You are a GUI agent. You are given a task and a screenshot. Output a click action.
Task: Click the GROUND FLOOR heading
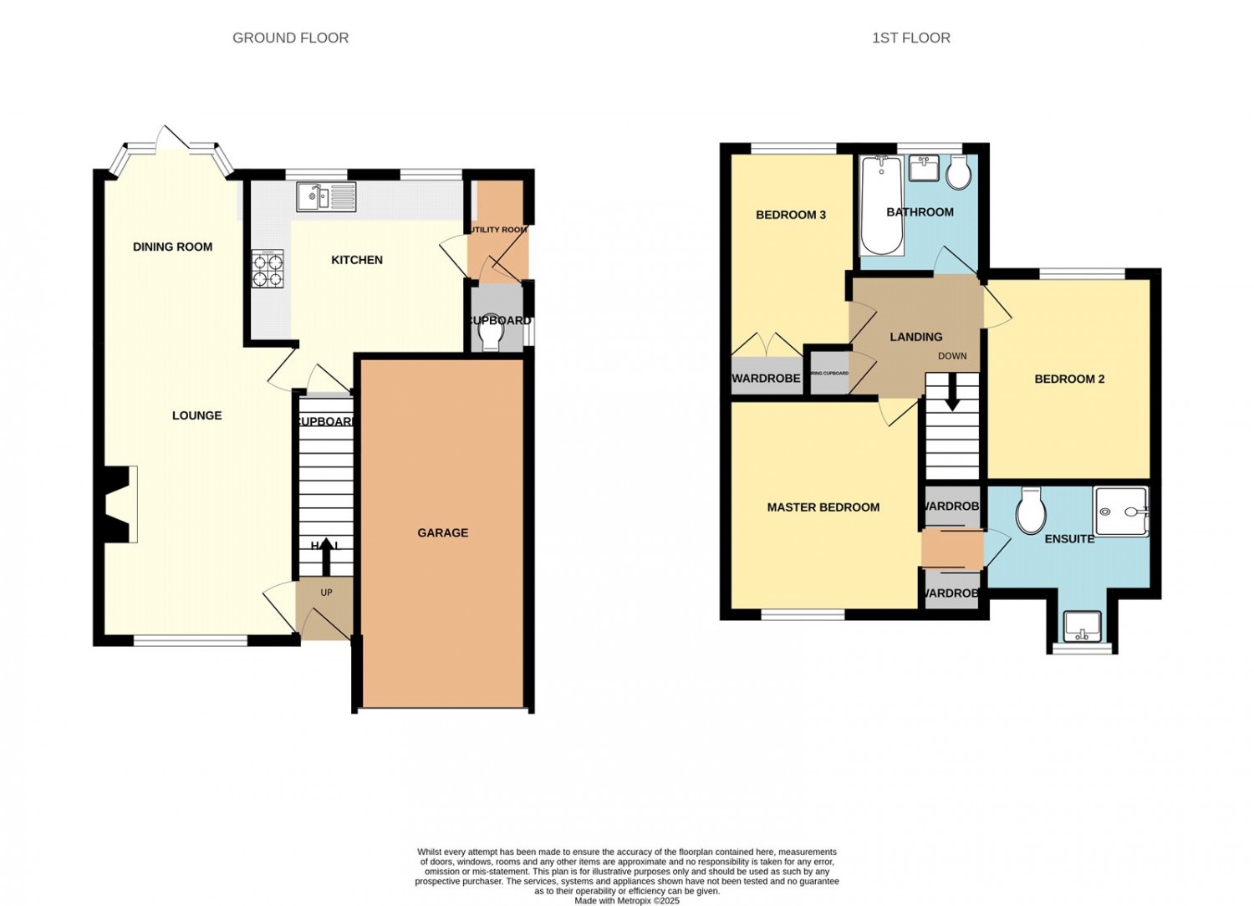pos(290,38)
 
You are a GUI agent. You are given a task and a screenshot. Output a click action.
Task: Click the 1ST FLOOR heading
pos(910,38)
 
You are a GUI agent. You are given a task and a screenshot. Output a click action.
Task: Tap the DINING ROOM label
pos(172,247)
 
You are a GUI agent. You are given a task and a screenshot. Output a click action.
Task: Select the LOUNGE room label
pos(196,415)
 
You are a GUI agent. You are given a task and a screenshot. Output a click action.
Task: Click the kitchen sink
pos(325,197)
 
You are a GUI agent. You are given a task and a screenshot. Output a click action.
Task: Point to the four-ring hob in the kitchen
pos(268,270)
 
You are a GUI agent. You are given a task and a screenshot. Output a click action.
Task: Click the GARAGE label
pos(442,532)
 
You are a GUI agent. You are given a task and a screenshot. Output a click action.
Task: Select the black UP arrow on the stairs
pos(326,557)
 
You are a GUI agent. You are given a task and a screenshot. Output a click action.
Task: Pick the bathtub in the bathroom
pos(882,205)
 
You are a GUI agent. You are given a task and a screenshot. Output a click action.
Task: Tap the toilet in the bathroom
pos(959,173)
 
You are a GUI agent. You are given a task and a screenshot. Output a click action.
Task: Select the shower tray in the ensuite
pos(1121,511)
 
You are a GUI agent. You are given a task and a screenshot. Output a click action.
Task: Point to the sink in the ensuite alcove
pos(1082,626)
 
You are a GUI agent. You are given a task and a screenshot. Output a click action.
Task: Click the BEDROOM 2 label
pos(1069,379)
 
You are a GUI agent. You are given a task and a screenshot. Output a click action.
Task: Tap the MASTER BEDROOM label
pos(823,507)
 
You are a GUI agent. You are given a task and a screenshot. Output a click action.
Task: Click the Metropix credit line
pos(627,901)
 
